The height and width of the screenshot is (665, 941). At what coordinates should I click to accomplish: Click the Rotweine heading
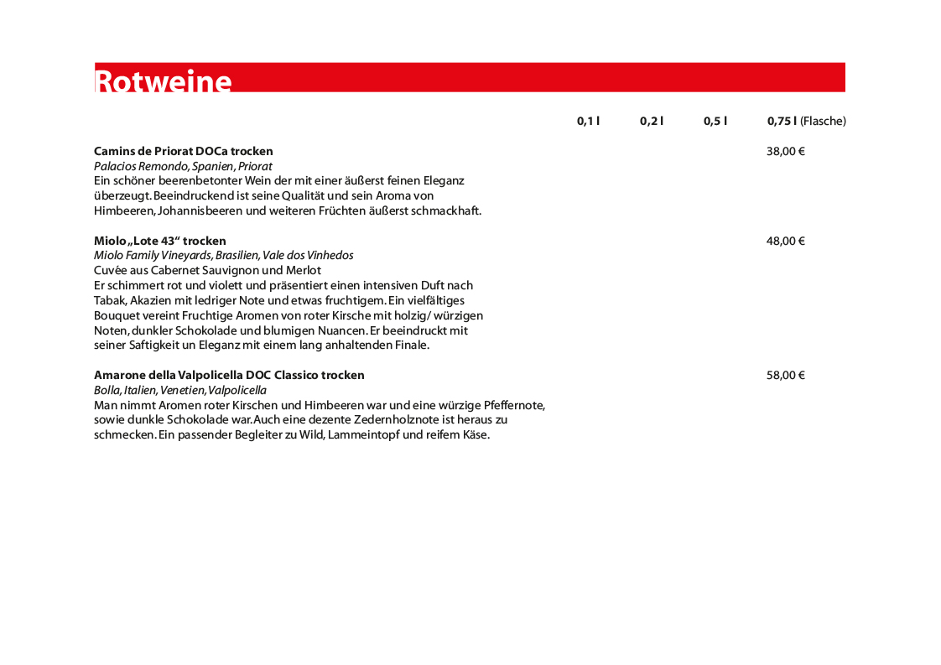164,81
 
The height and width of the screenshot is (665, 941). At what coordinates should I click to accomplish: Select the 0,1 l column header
588,121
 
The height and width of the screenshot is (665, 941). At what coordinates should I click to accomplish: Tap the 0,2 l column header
652,121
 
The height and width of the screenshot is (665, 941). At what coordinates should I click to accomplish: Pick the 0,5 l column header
715,121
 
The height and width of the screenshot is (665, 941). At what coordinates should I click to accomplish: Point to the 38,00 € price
785,152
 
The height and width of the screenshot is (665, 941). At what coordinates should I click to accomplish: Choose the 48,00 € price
785,242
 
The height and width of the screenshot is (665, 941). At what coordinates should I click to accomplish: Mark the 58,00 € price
785,376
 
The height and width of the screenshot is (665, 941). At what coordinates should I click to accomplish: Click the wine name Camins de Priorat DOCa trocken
184,152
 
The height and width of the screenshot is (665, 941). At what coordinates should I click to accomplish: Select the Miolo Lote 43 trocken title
160,242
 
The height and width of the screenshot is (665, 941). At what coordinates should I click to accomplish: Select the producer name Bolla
107,391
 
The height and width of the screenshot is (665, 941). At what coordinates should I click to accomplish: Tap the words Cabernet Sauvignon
205,271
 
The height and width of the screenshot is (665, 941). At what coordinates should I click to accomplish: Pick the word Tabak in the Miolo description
110,301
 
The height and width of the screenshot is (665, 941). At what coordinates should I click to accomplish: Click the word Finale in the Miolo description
411,345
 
